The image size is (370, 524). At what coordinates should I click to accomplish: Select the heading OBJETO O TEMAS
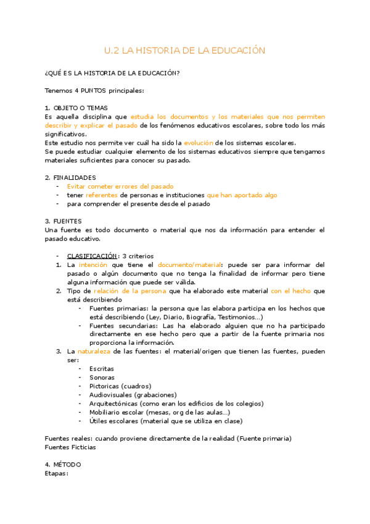80,108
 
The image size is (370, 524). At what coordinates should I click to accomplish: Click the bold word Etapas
56,473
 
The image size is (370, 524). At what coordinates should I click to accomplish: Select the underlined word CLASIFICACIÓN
91,256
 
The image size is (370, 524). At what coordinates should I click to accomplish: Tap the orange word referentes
101,195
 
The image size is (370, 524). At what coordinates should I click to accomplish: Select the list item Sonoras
102,377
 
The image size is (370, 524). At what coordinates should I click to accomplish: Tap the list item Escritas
102,368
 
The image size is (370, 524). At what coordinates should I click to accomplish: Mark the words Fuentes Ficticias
70,447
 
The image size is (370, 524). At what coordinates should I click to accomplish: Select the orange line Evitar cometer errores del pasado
120,186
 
